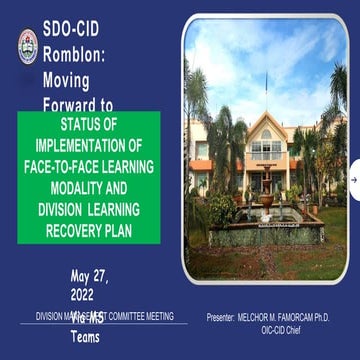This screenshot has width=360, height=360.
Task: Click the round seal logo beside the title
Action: [x=27, y=44]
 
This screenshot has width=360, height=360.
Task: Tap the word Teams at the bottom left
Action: [x=85, y=337]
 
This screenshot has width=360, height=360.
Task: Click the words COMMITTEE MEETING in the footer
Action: [x=150, y=316]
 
